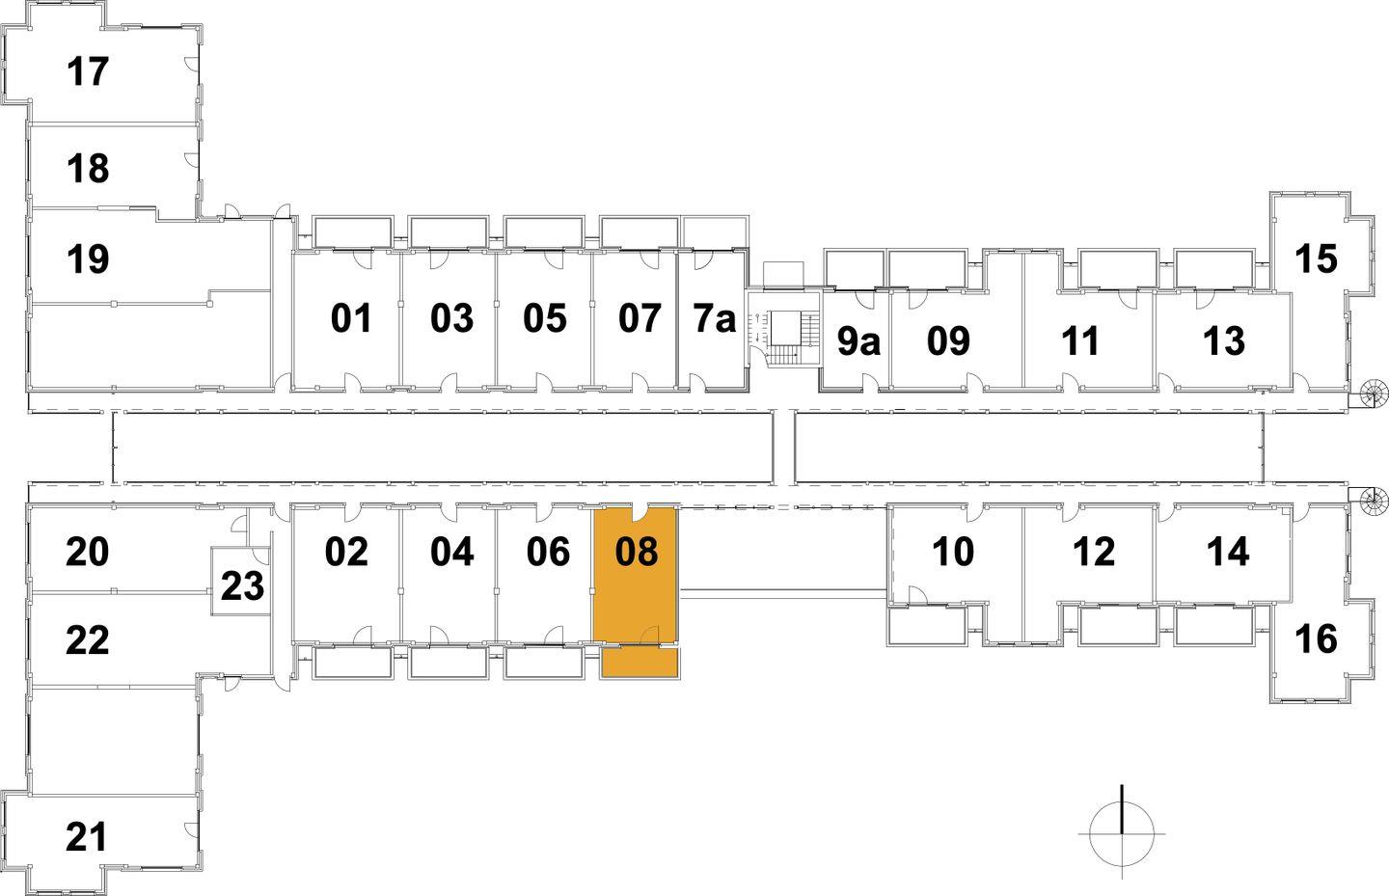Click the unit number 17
tap(88, 71)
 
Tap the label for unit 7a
tap(715, 318)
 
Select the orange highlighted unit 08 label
tap(637, 552)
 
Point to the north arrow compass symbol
tap(1122, 831)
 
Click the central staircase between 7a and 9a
tap(785, 338)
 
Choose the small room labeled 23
tap(242, 585)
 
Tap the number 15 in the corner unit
tap(1316, 258)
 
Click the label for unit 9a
tap(858, 341)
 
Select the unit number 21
tap(86, 836)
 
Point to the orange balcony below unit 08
tap(640, 663)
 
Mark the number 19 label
tap(88, 258)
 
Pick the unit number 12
tap(1094, 552)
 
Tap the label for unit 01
tap(351, 318)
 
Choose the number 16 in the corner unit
tap(1316, 639)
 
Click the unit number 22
tap(88, 639)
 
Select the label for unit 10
tap(953, 552)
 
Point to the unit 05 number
tap(544, 318)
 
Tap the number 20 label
tap(88, 552)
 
